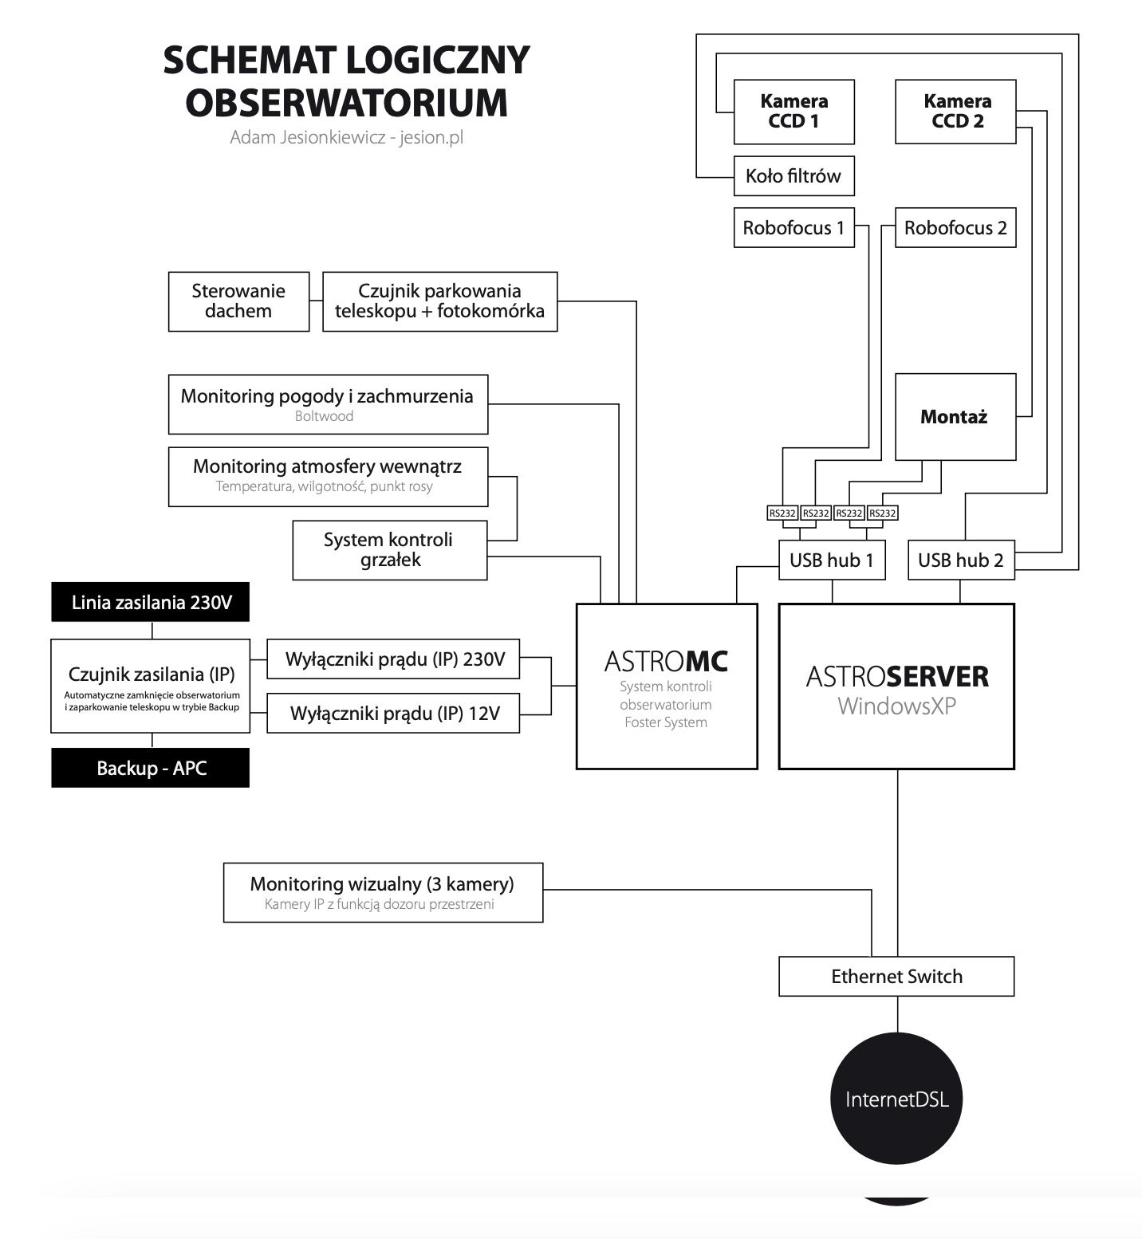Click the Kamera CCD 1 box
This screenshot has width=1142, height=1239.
pos(793,112)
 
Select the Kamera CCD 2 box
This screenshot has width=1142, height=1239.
pos(955,112)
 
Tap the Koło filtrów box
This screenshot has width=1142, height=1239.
pos(793,176)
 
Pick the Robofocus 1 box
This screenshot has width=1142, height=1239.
pos(793,228)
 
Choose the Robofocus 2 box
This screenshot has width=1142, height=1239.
pos(955,228)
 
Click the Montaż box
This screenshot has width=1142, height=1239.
pos(955,417)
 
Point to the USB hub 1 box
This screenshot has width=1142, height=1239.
pos(832,560)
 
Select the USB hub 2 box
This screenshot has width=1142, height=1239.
pos(961,560)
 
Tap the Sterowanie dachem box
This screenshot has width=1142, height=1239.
pos(238,301)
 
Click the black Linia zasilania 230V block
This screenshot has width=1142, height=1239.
pos(151,602)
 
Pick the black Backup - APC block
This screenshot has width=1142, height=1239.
pos(151,768)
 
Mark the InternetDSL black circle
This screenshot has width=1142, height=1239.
pos(897,1099)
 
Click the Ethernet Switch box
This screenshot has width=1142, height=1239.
pos(896,977)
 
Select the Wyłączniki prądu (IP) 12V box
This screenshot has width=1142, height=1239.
pos(393,713)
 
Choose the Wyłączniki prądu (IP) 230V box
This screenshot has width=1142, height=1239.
pos(393,659)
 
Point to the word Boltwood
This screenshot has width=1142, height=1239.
pos(324,416)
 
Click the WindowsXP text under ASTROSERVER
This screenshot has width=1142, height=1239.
pos(896,706)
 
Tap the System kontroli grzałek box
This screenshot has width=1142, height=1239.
pos(389,550)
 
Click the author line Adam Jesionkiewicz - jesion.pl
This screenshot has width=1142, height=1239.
pos(346,137)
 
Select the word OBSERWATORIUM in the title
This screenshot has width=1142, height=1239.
pos(346,102)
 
